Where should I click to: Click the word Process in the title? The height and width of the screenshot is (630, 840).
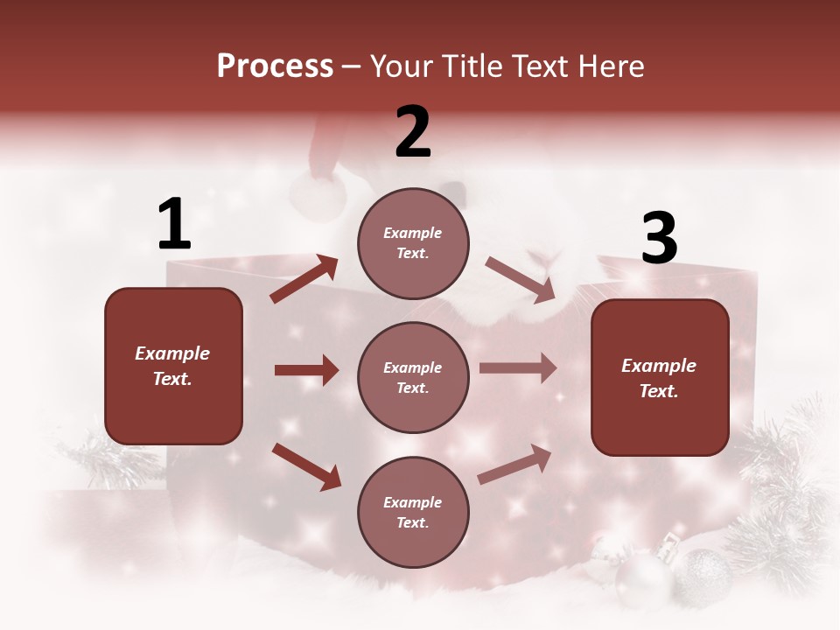[x=275, y=66]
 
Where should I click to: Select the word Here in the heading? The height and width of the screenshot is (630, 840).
[x=611, y=66]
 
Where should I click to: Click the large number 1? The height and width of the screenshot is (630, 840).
[x=174, y=225]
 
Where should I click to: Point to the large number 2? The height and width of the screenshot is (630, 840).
[x=413, y=132]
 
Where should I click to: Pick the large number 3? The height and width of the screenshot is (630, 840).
[x=659, y=239]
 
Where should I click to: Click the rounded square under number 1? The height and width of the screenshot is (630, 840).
[x=173, y=366]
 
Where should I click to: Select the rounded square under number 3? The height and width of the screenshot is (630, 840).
[x=660, y=377]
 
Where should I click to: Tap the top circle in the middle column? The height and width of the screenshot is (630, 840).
[x=413, y=243]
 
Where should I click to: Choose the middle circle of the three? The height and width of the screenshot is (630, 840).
[x=413, y=377]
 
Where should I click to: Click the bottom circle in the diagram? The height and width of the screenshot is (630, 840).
[x=413, y=512]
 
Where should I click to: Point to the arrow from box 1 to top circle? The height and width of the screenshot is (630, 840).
[x=304, y=279]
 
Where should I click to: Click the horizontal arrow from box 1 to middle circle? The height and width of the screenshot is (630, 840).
[x=306, y=370]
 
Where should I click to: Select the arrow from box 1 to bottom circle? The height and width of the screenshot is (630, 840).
[x=306, y=465]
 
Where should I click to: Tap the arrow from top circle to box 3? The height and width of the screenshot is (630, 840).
[x=521, y=280]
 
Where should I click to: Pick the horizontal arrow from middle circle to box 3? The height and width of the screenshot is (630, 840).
[x=518, y=367]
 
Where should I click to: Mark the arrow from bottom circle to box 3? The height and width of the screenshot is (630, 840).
[x=514, y=464]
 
